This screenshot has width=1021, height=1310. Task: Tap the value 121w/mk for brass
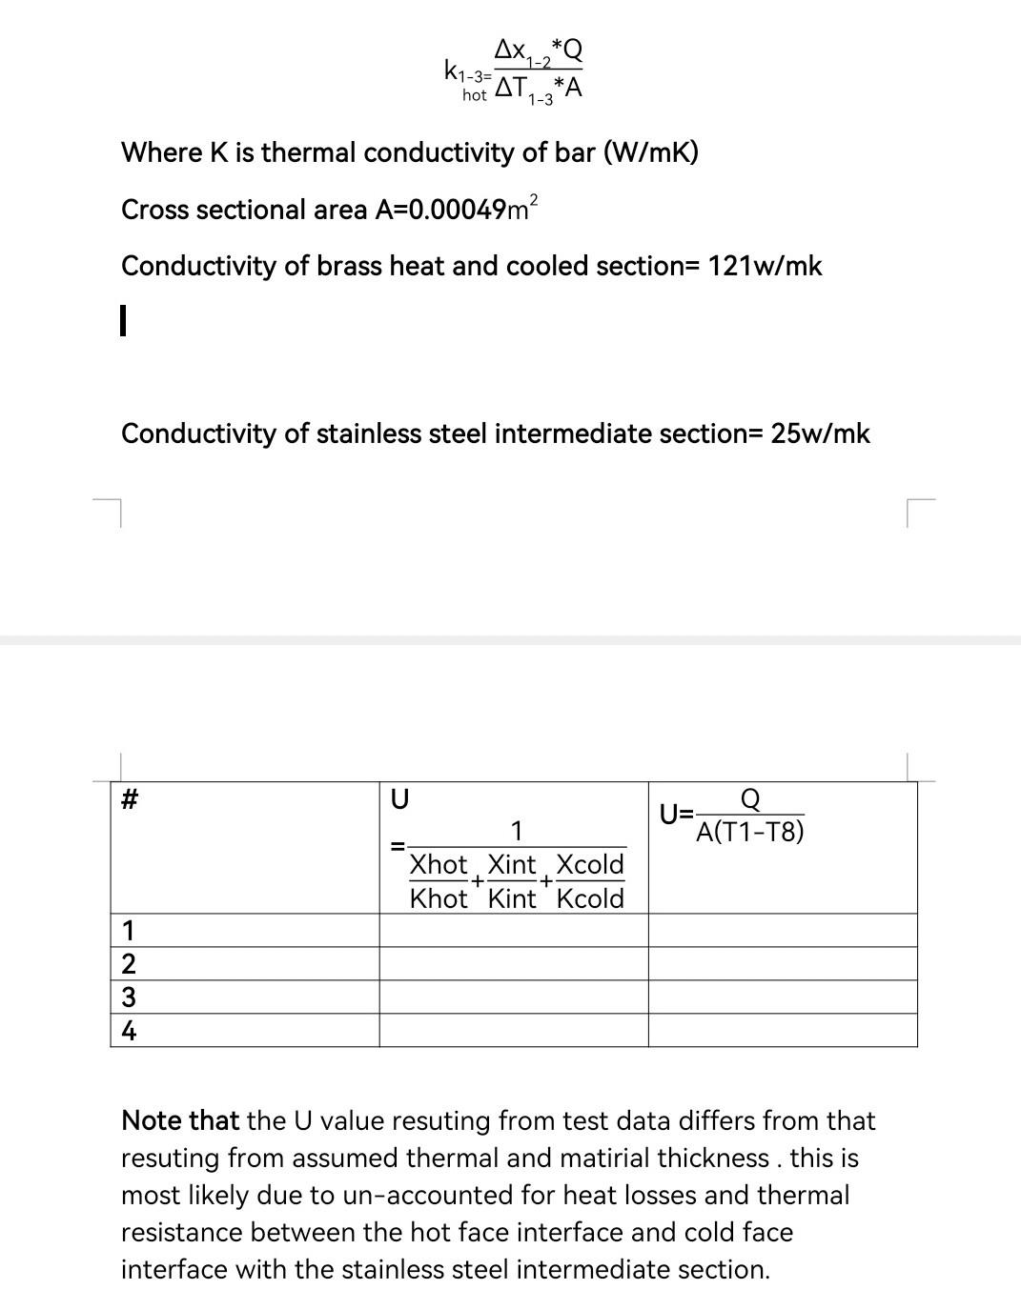[x=764, y=266]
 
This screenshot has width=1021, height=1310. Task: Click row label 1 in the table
[x=129, y=930]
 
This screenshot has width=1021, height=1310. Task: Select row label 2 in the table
[x=129, y=964]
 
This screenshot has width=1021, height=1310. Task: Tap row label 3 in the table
[x=129, y=998]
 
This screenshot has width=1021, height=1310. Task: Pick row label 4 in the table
[x=129, y=1031]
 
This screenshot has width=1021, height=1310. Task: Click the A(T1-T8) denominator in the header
[x=749, y=833]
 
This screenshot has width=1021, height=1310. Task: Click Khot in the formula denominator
[x=439, y=898]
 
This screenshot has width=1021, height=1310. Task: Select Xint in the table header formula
[x=512, y=865]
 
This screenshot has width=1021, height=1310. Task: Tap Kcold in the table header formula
[x=589, y=898]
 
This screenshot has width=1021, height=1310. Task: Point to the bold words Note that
[x=179, y=1120]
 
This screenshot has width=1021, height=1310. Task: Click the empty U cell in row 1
[x=514, y=930]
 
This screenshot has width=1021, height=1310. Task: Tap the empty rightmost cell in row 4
[x=783, y=1031]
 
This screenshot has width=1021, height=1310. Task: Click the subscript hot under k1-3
[x=474, y=96]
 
